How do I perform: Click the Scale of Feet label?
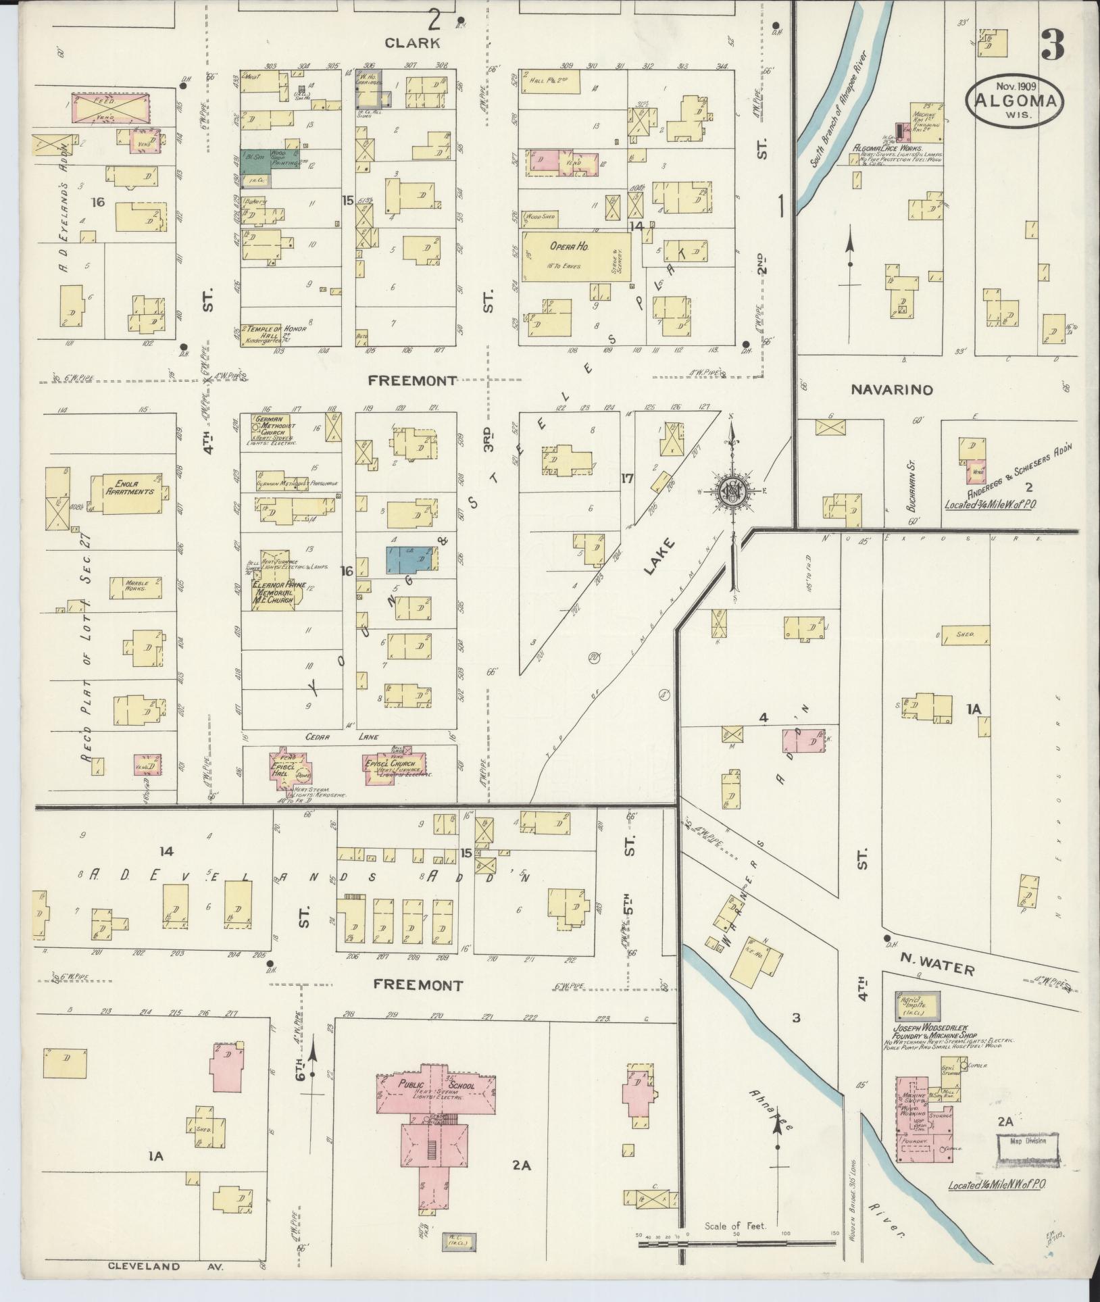[x=735, y=1224]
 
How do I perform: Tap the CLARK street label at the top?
[x=412, y=43]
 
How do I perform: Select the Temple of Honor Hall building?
[x=276, y=333]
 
